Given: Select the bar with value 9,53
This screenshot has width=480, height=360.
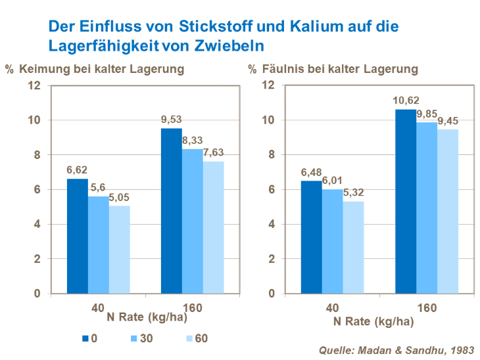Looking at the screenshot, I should pyautogui.click(x=171, y=210).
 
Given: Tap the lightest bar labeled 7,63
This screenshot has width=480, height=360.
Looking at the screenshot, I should pyautogui.click(x=213, y=227).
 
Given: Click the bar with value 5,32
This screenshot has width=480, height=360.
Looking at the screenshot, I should pyautogui.click(x=353, y=247).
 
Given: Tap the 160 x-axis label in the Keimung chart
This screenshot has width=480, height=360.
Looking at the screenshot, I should pyautogui.click(x=193, y=307).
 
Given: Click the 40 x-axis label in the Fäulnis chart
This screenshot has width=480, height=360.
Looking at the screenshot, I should pyautogui.click(x=332, y=307).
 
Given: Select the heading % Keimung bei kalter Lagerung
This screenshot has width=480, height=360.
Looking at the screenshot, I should pyautogui.click(x=94, y=68).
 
